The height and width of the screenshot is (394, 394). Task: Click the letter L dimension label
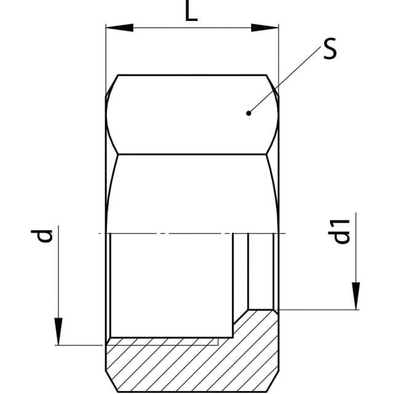[191, 12]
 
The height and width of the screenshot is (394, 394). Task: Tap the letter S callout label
[330, 49]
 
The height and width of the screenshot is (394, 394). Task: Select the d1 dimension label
[339, 231]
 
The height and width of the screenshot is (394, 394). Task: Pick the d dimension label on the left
[42, 236]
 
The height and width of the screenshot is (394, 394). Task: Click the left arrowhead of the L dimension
[119, 28]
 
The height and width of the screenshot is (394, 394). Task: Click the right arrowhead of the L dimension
[265, 28]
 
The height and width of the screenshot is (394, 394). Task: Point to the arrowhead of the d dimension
[58, 331]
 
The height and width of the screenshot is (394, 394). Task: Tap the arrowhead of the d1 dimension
[356, 296]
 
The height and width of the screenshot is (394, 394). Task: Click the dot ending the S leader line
[249, 113]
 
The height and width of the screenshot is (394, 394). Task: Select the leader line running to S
[284, 80]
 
